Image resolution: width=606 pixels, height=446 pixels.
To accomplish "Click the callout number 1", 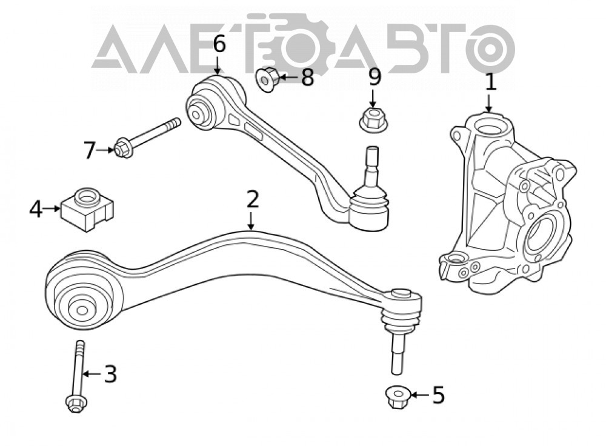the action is coord(490,82).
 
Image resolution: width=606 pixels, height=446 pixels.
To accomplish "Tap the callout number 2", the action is coord(252,200).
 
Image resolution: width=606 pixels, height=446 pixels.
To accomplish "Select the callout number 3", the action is coord(110,374).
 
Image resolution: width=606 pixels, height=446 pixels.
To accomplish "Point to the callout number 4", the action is coord(36,209).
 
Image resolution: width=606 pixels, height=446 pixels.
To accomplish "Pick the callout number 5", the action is coord(438,395).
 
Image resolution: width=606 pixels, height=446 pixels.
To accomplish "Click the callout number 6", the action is coord(219,44).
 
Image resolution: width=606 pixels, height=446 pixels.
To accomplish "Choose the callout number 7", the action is coord(89,150).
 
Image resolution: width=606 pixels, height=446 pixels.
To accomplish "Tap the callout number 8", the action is coord(307,78).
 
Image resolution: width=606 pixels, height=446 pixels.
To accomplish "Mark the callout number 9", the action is coord(374,77).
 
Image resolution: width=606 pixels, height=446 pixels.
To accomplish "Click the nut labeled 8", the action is coord(267,79).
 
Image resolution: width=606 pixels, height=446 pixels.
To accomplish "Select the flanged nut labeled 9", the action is coord(373,120).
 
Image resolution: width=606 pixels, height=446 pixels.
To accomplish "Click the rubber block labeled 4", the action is coord(87,209).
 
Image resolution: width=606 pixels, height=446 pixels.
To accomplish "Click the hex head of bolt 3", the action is coord(76,404).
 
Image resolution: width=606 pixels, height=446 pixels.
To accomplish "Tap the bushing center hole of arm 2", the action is coord(82,310).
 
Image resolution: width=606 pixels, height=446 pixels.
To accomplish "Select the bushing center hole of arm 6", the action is coord(196,115).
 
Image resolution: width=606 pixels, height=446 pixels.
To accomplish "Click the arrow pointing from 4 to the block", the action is coord(52,208).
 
